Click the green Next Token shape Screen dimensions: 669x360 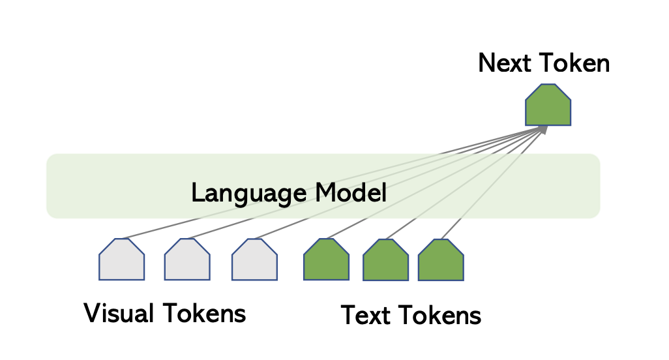[548, 105]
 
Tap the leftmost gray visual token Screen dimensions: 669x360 [121, 260]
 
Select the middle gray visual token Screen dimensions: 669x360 [187, 260]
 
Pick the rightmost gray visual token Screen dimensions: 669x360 [255, 260]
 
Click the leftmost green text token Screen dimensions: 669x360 [327, 260]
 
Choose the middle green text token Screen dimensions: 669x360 [386, 260]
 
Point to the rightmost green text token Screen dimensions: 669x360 [441, 260]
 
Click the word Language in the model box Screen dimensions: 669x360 [249, 193]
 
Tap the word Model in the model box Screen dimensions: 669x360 [351, 192]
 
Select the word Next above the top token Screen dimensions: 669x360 [504, 63]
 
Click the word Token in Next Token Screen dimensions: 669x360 [574, 63]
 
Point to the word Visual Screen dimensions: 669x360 [119, 313]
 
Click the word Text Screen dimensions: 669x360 [366, 315]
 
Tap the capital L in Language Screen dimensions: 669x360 [198, 192]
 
